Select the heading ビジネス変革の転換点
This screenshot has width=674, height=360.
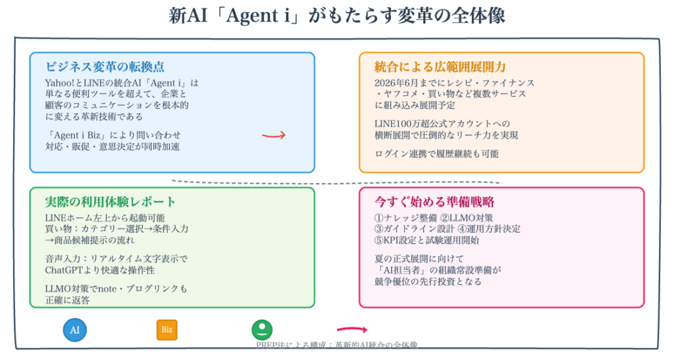tap(105, 66)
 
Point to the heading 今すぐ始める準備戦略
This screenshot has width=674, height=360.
tap(434, 201)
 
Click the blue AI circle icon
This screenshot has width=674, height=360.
tap(75, 330)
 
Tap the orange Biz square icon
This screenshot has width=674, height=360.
tap(167, 330)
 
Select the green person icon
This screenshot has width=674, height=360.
tap(262, 330)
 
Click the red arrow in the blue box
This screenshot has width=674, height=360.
tap(273, 135)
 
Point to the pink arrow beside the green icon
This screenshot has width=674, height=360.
tap(351, 329)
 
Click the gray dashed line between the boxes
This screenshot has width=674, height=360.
tap(336, 181)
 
